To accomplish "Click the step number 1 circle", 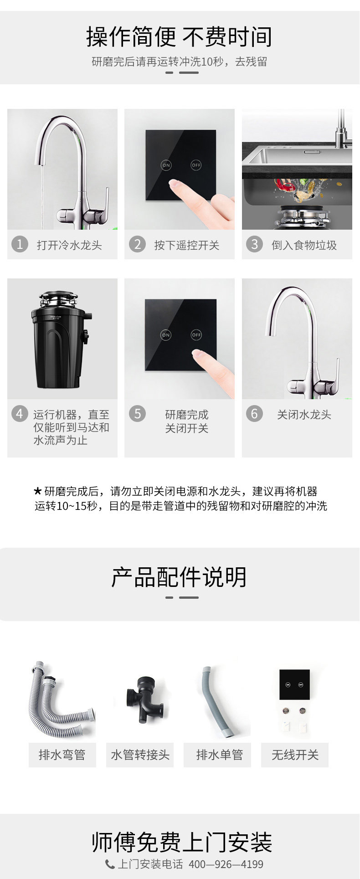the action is coord(20,244).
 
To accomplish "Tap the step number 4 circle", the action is coord(20,414).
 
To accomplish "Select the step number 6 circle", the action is coord(255,414).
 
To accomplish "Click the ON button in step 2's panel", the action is coord(166,165).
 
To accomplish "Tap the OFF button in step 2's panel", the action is coord(196,165).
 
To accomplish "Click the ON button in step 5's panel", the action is coord(166,335).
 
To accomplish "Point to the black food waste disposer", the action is coord(62,340).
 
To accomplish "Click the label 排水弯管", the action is coord(62,755).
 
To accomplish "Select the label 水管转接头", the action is coord(140,755).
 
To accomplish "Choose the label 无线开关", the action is coord(295,755).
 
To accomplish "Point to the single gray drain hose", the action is coord(216,702).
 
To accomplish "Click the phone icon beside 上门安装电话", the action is coord(110,864).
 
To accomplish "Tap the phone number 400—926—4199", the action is coord(226,864).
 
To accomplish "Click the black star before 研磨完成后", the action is coord(38,491).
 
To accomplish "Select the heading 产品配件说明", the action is coord(179,577).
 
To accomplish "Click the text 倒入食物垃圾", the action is coord(304,245).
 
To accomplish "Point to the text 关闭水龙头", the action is coord(304,415).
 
